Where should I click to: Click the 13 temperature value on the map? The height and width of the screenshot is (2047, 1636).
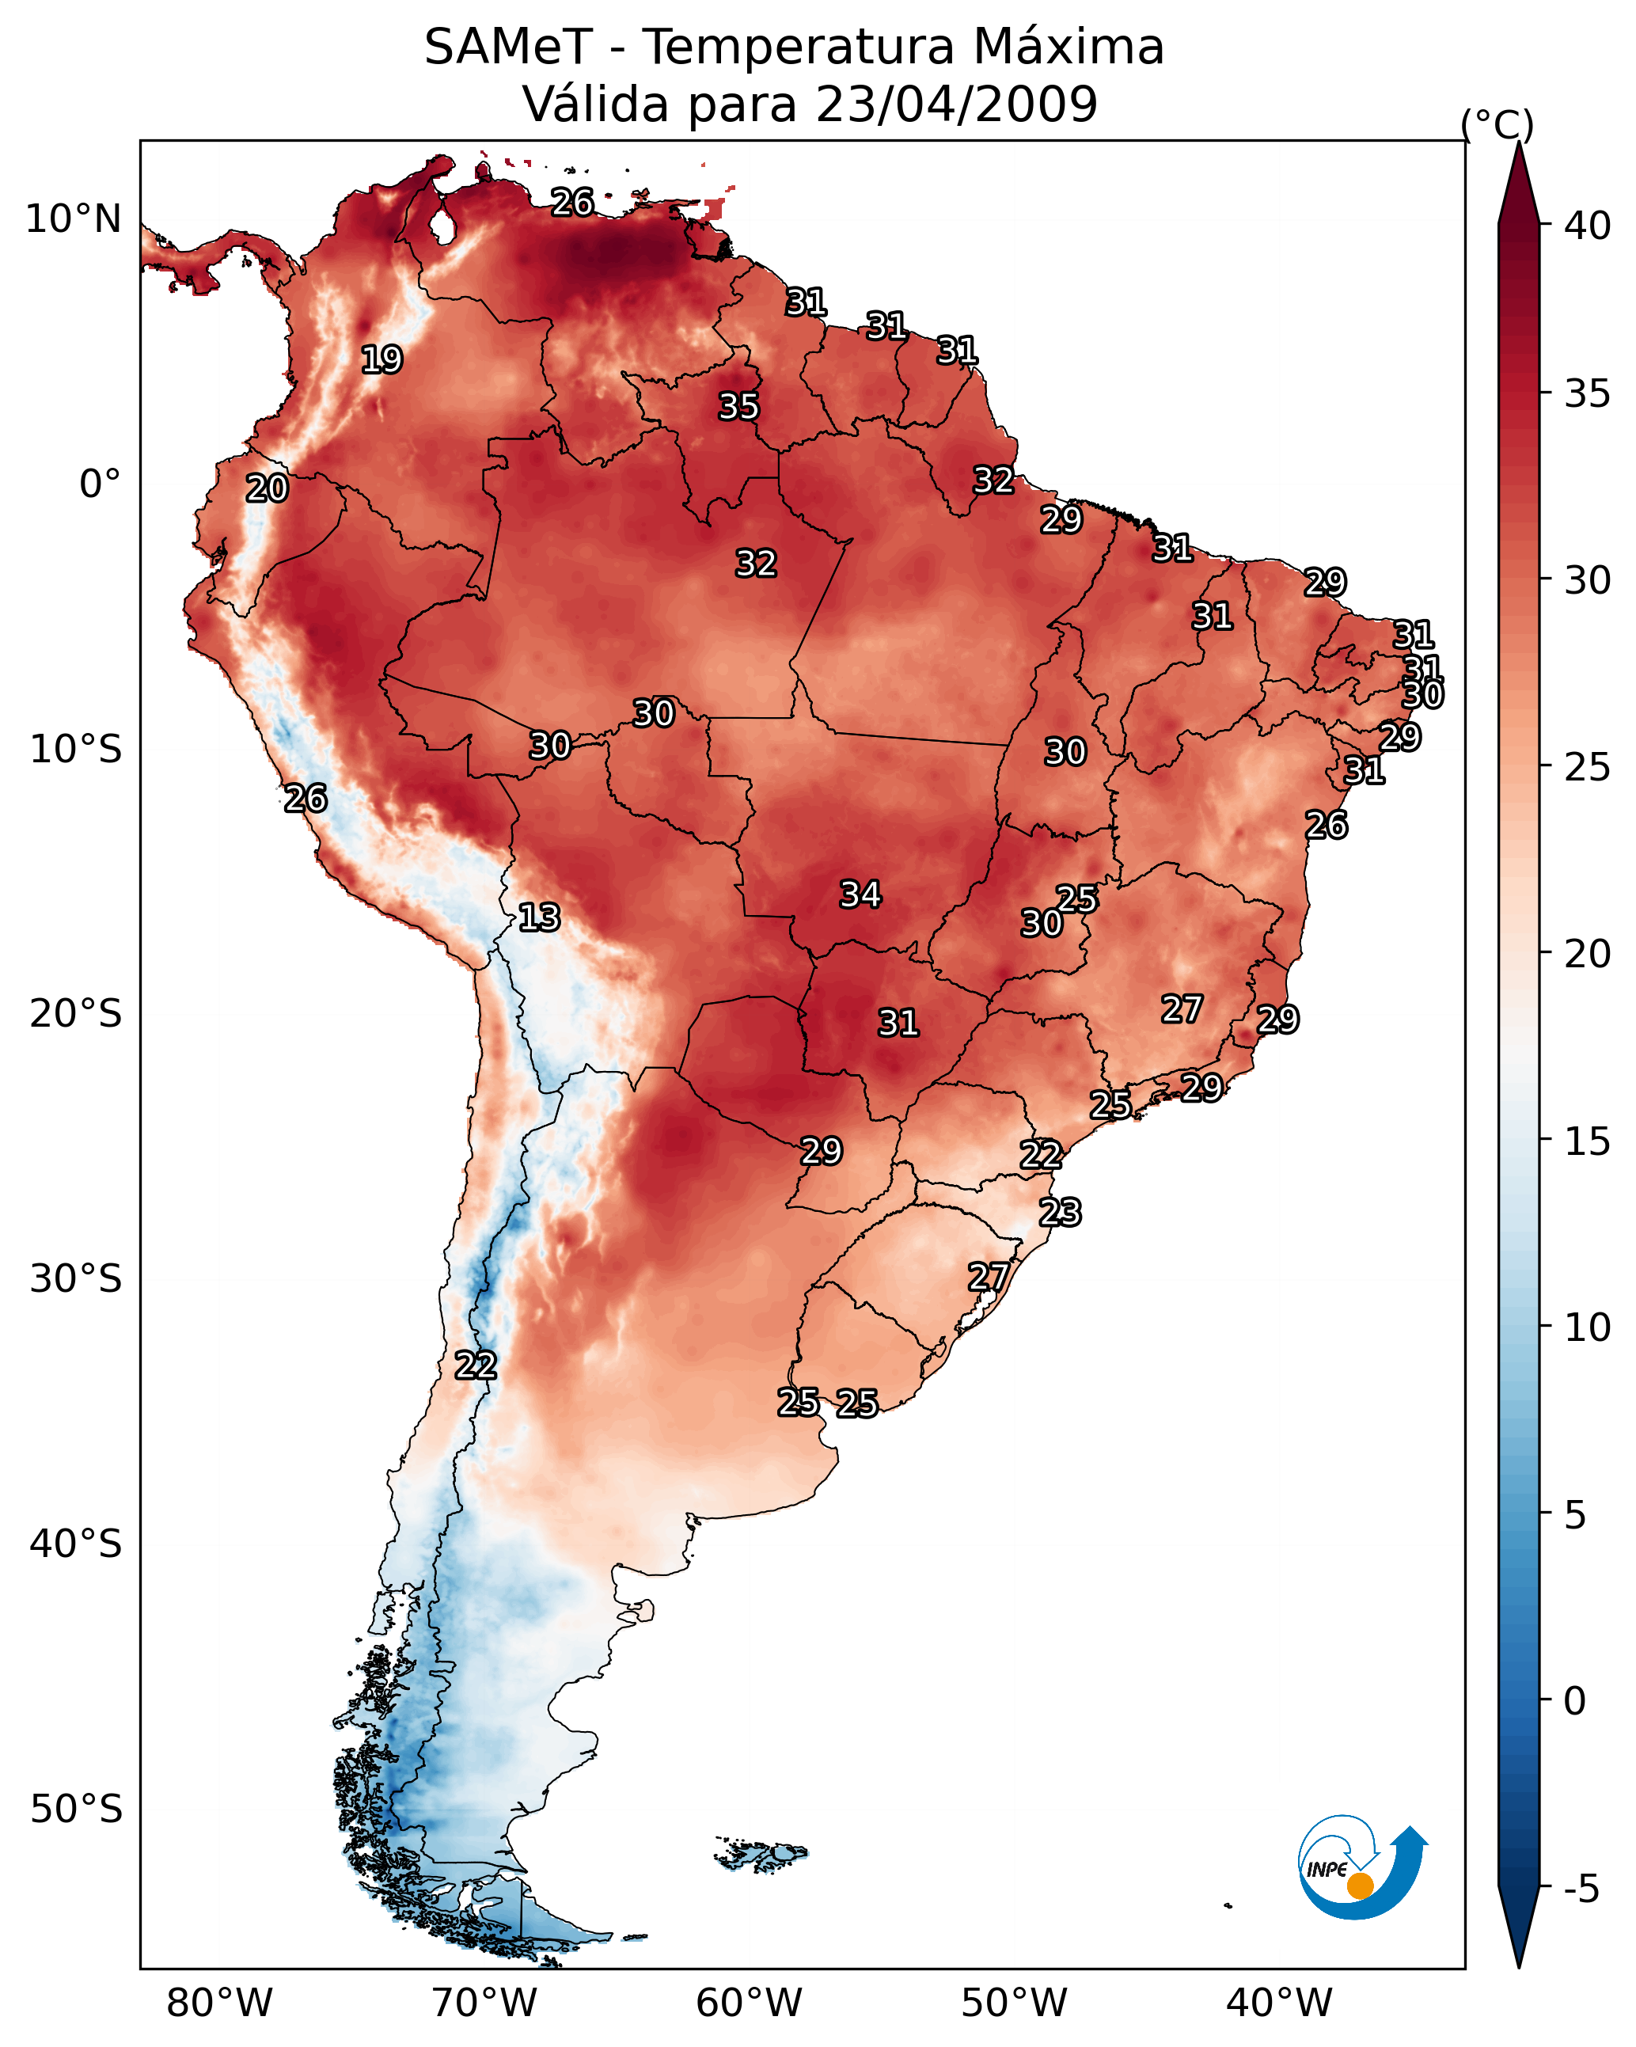coord(539,917)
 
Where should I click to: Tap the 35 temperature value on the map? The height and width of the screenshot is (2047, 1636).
coord(738,406)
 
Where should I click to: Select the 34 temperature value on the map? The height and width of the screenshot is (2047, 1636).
coord(860,894)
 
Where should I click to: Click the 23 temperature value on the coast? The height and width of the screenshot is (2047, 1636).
coord(1060,1213)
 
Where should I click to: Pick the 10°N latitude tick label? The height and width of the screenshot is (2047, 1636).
coord(73,219)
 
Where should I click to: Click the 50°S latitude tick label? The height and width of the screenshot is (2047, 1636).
coord(76,1810)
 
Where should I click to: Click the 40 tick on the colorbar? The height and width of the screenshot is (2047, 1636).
coord(1588,226)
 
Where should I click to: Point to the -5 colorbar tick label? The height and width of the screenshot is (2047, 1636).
coord(1582,1889)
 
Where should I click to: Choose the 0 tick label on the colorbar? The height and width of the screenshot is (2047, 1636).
coord(1574,1703)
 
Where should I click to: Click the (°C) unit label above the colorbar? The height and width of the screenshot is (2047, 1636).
coord(1497,124)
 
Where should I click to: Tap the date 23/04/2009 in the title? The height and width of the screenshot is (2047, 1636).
coord(956,104)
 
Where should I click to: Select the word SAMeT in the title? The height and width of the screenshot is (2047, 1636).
coord(509,47)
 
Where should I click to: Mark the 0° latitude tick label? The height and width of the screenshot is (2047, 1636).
coord(100,484)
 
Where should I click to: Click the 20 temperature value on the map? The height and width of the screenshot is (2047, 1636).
coord(267,488)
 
